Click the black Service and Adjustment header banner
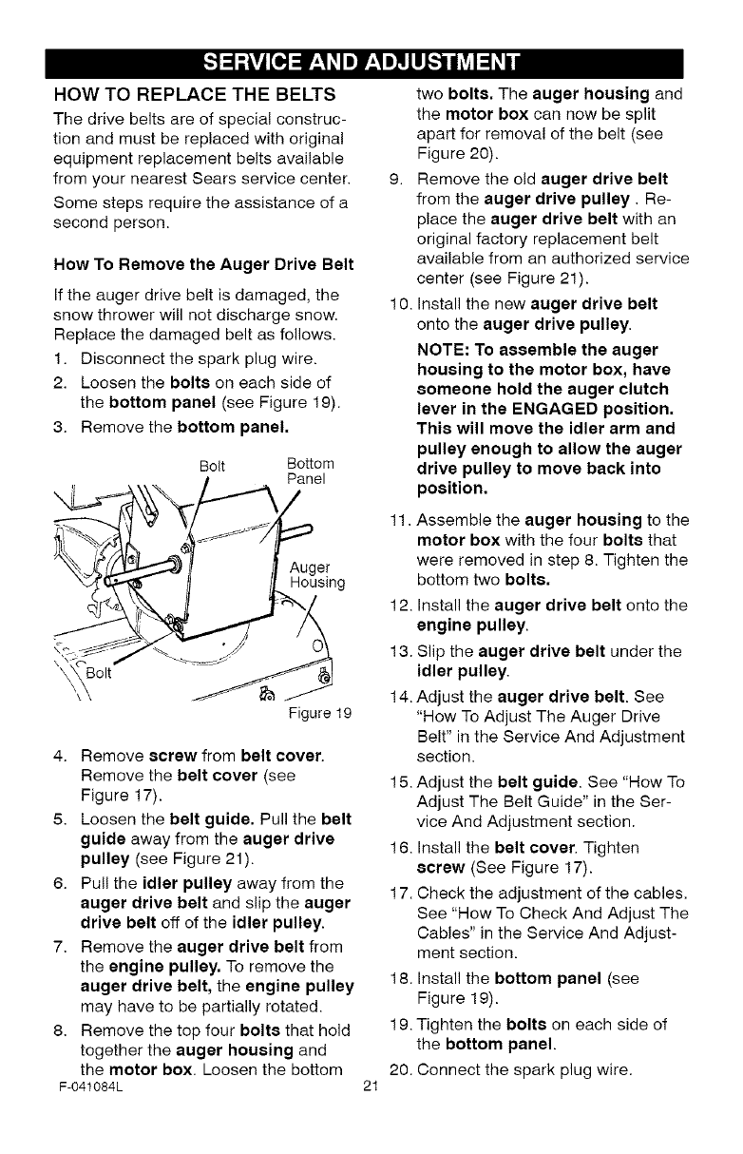(x=371, y=63)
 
